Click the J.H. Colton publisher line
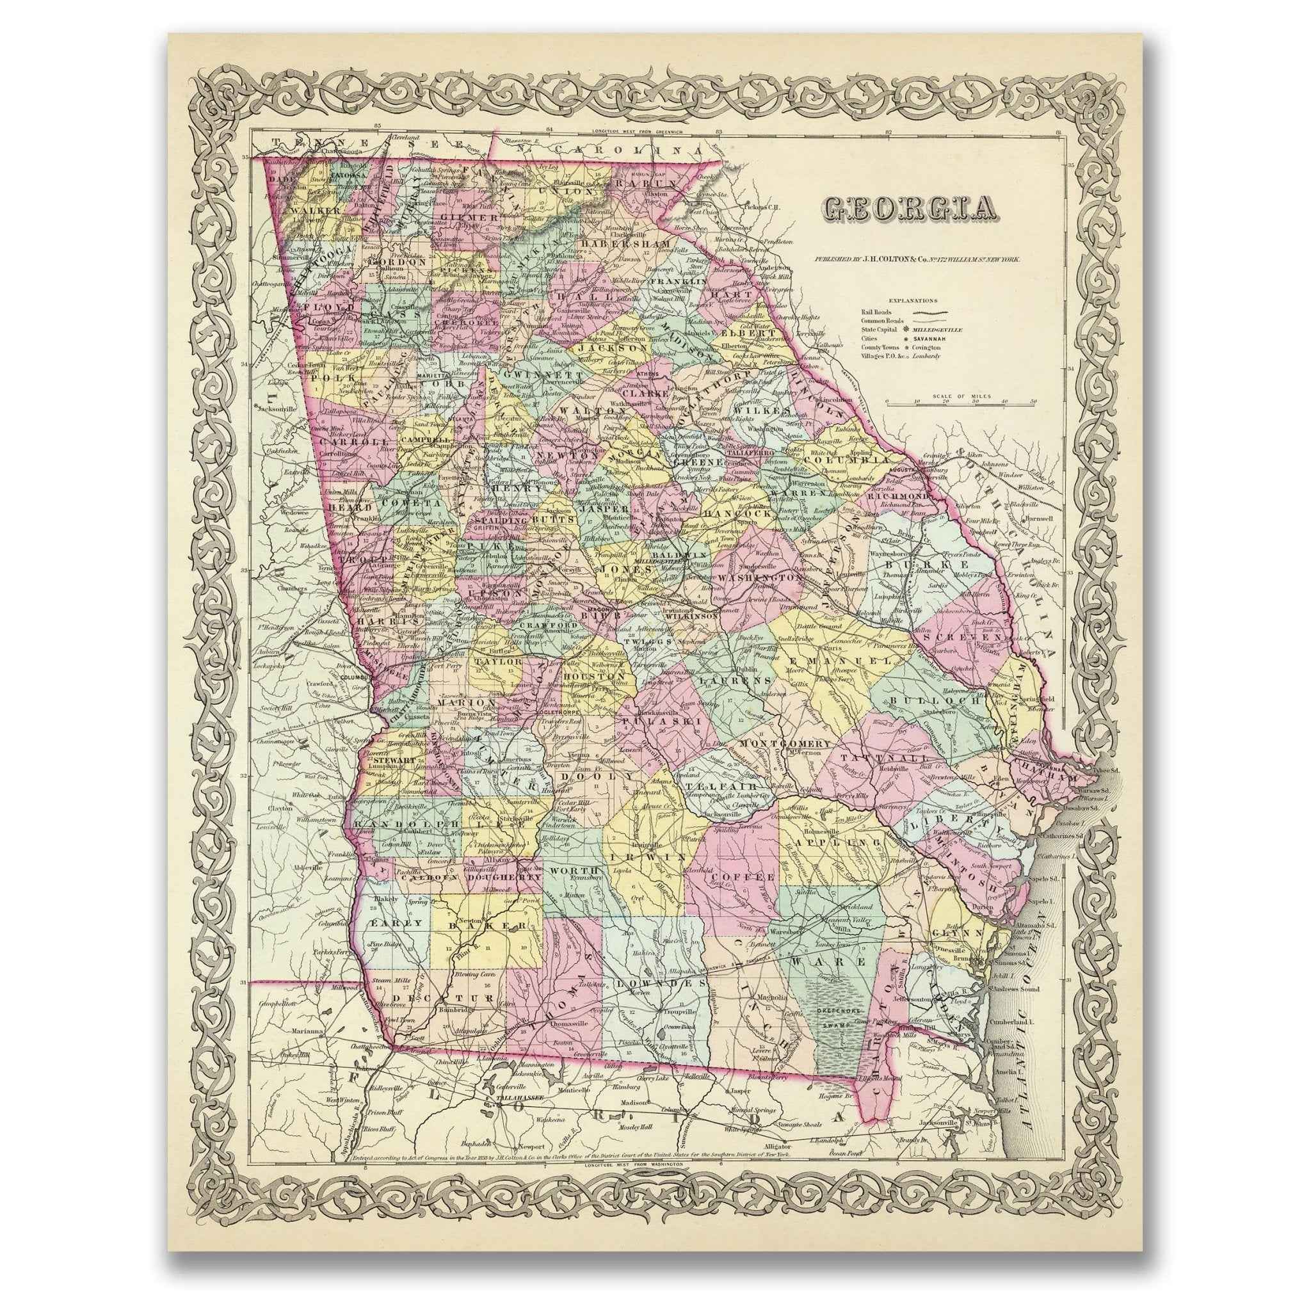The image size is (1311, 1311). pyautogui.click(x=913, y=259)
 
